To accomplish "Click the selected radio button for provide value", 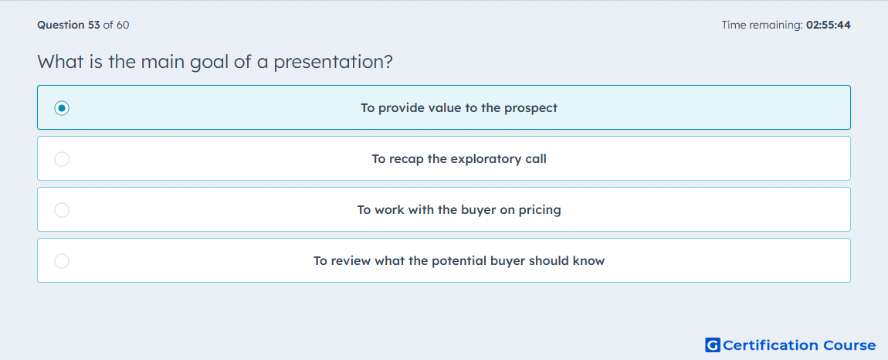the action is point(62,107).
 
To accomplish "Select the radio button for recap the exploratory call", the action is point(62,159).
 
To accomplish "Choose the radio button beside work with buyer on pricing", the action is point(62,210).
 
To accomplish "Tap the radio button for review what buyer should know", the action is point(62,261).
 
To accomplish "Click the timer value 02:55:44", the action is point(828,25).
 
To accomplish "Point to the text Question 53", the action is point(69,25).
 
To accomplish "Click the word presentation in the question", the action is point(333,62).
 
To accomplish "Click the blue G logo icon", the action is point(713,345).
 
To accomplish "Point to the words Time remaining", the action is point(762,25).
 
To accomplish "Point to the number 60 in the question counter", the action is point(123,25).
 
